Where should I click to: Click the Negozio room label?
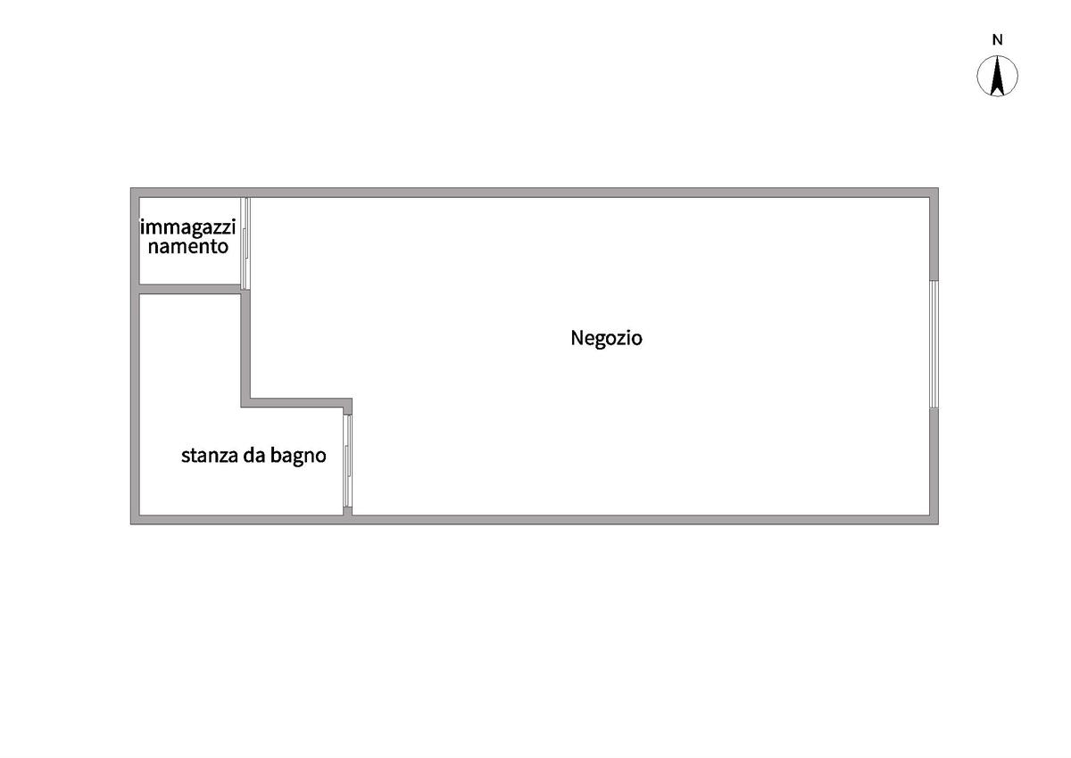click(x=606, y=339)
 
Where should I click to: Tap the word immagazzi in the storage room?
click(x=187, y=227)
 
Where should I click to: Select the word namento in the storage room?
click(x=187, y=247)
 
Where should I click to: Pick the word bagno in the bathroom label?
click(x=299, y=457)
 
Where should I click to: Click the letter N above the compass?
click(x=998, y=39)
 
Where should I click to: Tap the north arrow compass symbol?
click(x=998, y=76)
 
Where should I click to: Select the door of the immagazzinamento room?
click(x=246, y=243)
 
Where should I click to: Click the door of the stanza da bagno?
click(x=348, y=461)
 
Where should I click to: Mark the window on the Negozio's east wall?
click(x=934, y=344)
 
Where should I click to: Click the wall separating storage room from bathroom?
click(x=189, y=289)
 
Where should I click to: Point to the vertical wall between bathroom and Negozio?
click(x=245, y=348)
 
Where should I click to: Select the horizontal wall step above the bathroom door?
click(x=299, y=403)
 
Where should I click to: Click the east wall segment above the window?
click(x=934, y=236)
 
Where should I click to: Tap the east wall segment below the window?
click(x=934, y=462)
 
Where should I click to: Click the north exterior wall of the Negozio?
click(x=589, y=192)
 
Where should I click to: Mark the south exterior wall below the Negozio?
click(x=643, y=520)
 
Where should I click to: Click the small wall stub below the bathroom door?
click(x=348, y=511)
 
